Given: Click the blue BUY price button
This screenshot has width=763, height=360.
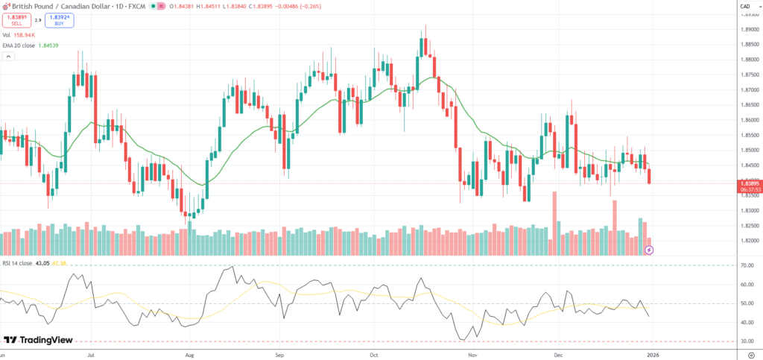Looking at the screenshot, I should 59,21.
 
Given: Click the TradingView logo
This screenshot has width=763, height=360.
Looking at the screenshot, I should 39,340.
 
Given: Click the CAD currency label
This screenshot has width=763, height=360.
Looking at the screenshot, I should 745,7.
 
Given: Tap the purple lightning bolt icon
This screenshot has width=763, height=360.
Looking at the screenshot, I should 648,250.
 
